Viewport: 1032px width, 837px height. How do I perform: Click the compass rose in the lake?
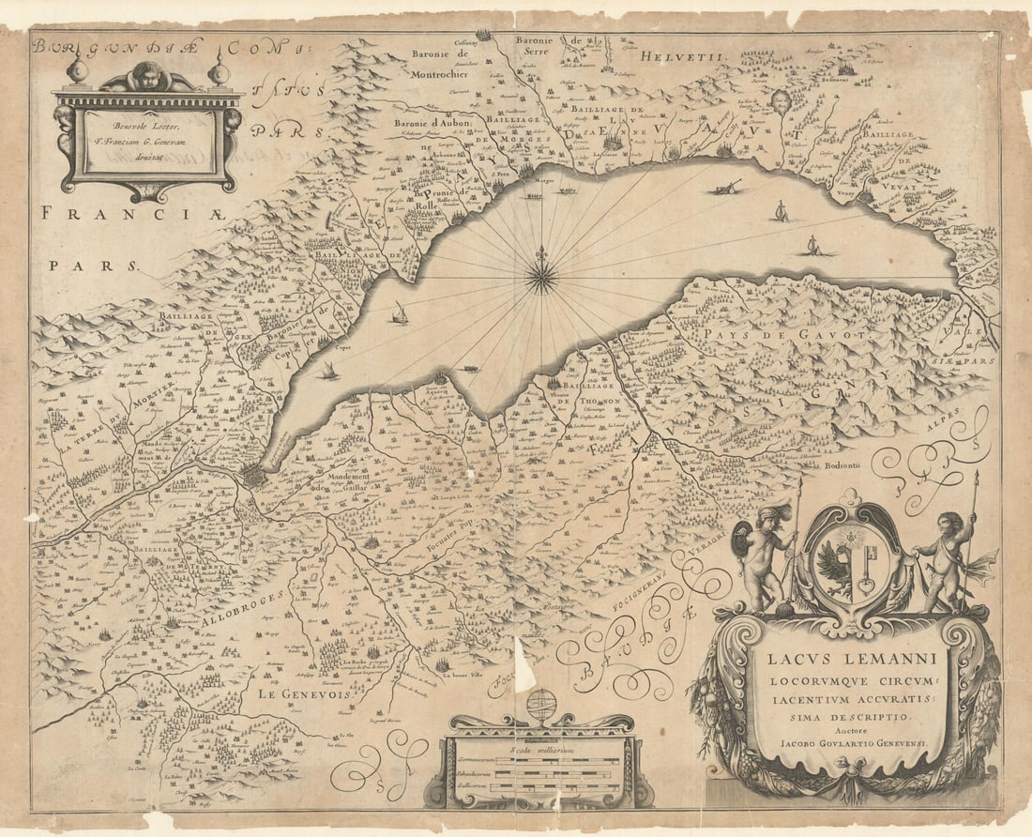pyautogui.click(x=541, y=275)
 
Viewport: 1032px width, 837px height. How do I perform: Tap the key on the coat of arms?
pyautogui.click(x=865, y=568)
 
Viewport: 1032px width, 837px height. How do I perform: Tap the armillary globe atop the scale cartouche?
pyautogui.click(x=541, y=704)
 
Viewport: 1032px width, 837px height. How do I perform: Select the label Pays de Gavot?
pyautogui.click(x=752, y=332)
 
